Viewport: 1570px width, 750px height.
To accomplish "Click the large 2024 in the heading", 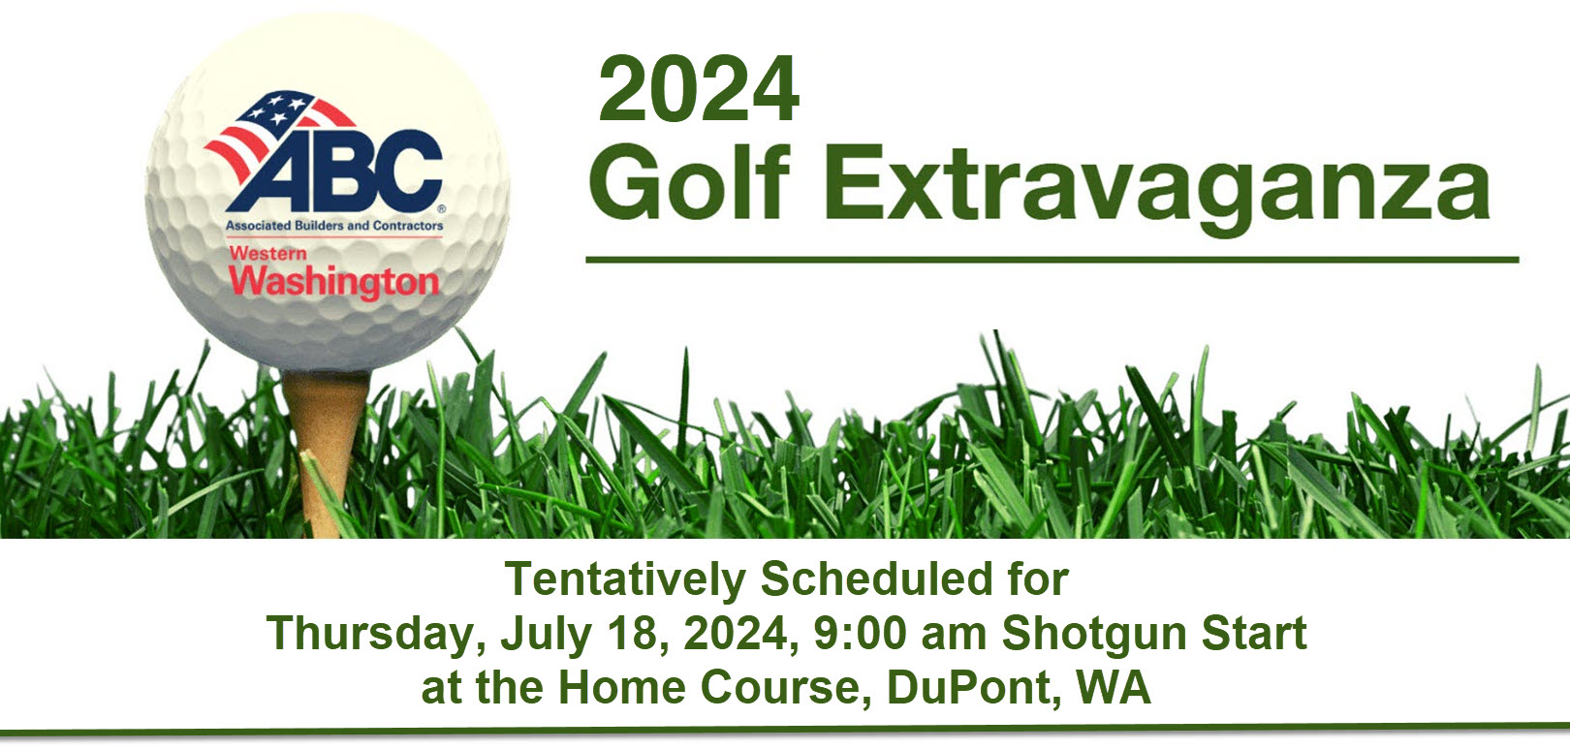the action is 699,89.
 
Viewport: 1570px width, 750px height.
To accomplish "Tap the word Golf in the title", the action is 690,181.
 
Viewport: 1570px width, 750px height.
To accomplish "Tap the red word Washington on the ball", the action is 334,282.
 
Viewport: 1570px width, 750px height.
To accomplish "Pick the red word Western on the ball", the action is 267,252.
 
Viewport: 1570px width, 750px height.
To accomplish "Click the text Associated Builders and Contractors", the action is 334,226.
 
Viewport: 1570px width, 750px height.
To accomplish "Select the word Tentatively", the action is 626,579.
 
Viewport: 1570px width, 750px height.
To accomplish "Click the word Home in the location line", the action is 622,687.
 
